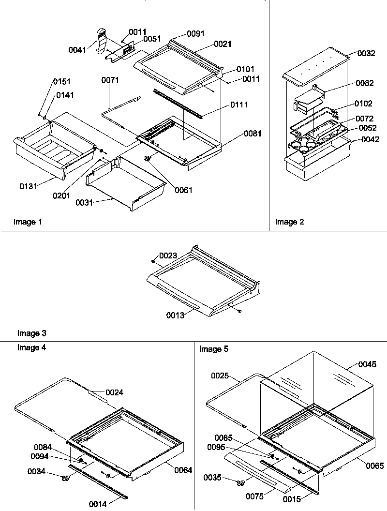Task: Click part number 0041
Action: pos(77,50)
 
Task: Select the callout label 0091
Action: pos(195,34)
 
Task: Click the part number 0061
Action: pos(184,190)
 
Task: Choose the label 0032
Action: pos(366,54)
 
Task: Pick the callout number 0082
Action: pos(364,83)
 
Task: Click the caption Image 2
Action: pos(290,222)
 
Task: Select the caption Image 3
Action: pos(32,333)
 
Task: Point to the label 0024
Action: pos(114,392)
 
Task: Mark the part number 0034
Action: pos(36,471)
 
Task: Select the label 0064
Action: pos(183,470)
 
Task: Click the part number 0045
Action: pos(367,365)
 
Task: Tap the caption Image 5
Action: pos(214,349)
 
